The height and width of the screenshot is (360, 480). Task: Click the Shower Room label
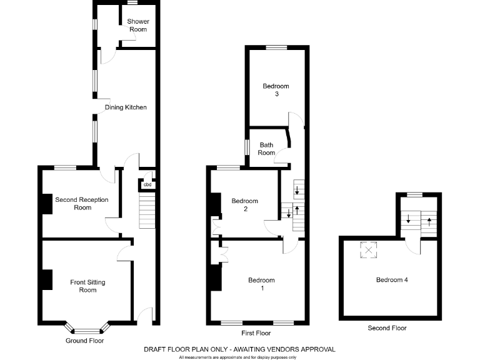click(138, 26)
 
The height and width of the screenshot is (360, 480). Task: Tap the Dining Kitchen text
click(126, 107)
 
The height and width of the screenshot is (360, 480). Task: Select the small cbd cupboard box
click(147, 184)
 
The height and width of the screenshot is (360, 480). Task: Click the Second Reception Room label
click(82, 204)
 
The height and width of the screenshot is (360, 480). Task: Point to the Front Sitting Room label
click(87, 286)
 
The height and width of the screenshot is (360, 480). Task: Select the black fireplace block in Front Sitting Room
click(47, 279)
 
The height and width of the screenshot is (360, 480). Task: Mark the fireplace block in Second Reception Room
click(47, 204)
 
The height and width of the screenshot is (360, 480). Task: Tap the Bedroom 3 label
click(276, 90)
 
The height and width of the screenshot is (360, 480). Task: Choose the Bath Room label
click(267, 149)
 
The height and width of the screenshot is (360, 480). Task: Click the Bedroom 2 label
click(244, 205)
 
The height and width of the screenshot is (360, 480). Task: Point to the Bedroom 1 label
click(261, 284)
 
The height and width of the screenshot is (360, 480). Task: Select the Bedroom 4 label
click(392, 279)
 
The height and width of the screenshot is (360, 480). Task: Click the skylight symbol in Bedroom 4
click(369, 251)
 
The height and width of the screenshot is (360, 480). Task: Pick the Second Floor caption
click(387, 328)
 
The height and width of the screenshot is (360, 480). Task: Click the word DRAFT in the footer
click(154, 349)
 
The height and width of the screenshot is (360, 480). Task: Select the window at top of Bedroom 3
click(276, 47)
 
